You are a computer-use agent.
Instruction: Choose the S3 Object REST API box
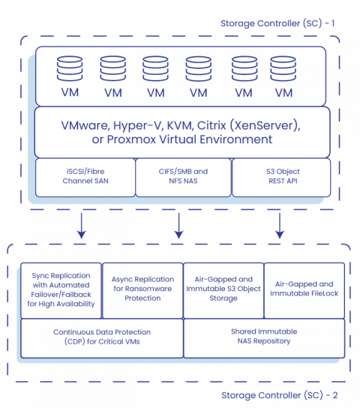click(x=280, y=176)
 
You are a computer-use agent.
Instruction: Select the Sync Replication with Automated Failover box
click(x=61, y=289)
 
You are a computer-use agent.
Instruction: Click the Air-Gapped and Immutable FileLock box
click(x=304, y=289)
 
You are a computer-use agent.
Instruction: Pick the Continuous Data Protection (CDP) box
click(x=101, y=337)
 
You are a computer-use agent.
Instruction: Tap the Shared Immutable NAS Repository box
click(x=263, y=337)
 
